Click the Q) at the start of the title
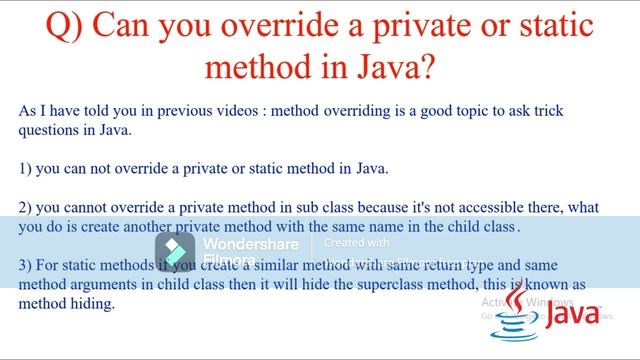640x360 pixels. [x=67, y=27]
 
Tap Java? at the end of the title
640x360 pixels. [x=402, y=68]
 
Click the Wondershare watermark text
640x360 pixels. [x=251, y=244]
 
